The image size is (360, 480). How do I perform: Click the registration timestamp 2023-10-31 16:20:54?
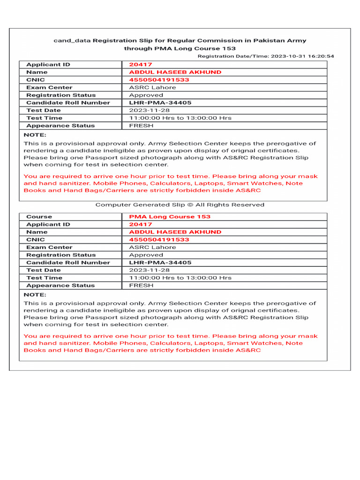tap(302, 56)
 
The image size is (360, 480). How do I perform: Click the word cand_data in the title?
tap(72, 41)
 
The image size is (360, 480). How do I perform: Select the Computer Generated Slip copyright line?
tap(180, 205)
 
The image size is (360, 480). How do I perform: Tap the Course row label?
tap(39, 217)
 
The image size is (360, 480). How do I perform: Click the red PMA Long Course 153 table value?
tap(170, 217)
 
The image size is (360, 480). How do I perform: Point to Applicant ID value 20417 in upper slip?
tap(141, 65)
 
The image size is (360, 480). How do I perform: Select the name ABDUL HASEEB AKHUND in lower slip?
tap(175, 232)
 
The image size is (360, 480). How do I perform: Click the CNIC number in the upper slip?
tap(159, 80)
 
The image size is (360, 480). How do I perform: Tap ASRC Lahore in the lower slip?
tap(153, 247)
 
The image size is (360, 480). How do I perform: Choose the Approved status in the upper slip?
tap(146, 95)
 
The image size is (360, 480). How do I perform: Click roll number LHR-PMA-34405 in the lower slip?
tap(160, 262)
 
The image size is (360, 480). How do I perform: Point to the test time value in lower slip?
tap(180, 277)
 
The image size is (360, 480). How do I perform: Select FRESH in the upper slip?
tap(142, 126)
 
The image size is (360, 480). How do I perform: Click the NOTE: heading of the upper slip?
tap(35, 135)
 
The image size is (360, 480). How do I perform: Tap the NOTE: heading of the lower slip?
tap(35, 294)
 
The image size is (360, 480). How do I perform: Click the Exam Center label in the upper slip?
tap(49, 87)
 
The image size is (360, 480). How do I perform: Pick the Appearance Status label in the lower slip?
tap(60, 285)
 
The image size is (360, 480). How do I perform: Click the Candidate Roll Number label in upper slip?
tap(68, 103)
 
